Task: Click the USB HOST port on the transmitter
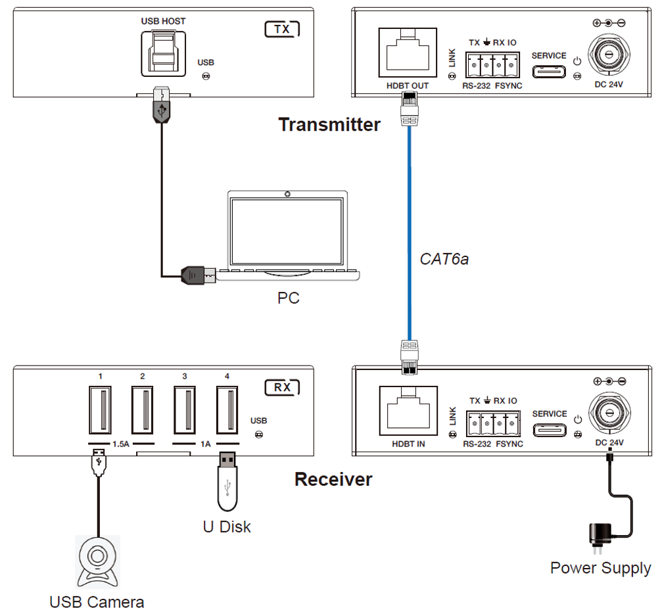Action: [163, 53]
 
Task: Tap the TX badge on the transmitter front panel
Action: [282, 29]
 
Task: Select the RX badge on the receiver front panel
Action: [282, 387]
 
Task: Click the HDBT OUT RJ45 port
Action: [408, 53]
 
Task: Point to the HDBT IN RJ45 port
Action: [408, 411]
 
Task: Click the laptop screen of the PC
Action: [287, 231]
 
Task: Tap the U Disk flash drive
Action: [227, 482]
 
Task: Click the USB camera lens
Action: [97, 556]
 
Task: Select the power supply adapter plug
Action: [600, 538]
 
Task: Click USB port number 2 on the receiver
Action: [142, 410]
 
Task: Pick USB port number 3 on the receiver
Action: [185, 410]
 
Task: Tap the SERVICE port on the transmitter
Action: [549, 72]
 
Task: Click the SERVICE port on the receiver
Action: [550, 430]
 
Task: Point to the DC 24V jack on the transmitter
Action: [609, 54]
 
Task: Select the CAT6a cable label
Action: [444, 259]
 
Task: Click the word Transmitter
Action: [329, 124]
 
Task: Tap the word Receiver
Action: [333, 479]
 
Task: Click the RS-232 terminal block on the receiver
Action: [493, 423]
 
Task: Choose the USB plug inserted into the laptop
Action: [199, 275]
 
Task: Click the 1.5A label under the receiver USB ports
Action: [121, 444]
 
